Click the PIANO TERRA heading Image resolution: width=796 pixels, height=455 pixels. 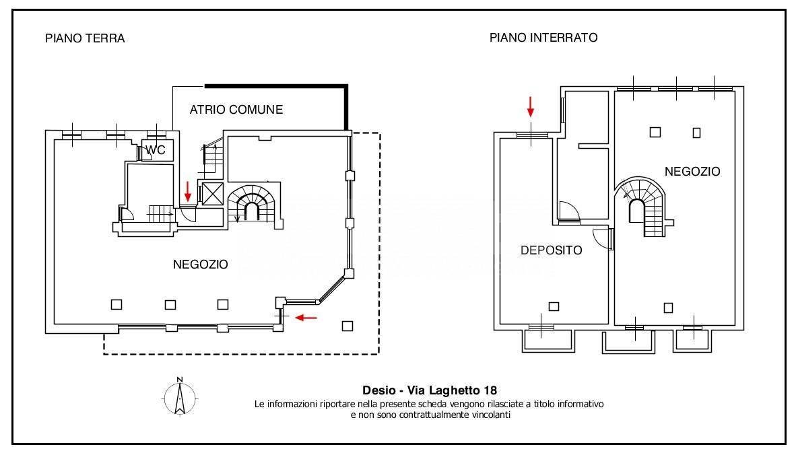(x=85, y=38)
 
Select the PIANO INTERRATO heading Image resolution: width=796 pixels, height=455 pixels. (x=543, y=38)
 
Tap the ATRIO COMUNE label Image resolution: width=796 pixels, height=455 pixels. (x=236, y=110)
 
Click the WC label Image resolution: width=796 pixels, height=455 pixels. (x=156, y=150)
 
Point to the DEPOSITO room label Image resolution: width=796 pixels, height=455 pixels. (x=552, y=250)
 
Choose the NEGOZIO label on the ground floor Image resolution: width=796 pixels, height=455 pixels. (x=201, y=265)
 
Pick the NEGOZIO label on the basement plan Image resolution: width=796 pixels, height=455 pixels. (x=692, y=172)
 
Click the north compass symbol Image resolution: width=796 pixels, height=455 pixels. (x=180, y=396)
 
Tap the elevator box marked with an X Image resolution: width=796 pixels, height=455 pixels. (x=213, y=193)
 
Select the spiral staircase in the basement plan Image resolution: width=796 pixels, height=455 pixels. (x=640, y=207)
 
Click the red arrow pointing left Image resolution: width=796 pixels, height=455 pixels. (x=306, y=318)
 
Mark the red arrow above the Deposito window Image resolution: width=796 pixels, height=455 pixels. (x=531, y=106)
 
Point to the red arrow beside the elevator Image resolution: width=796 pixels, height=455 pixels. (x=188, y=191)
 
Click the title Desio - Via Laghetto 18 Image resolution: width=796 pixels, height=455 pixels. (x=430, y=390)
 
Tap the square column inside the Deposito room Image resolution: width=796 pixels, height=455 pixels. (x=554, y=306)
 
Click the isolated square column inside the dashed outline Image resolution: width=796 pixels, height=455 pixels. (x=347, y=326)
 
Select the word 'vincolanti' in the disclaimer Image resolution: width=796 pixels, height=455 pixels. (x=492, y=415)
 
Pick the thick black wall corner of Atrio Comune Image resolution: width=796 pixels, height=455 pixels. (x=347, y=86)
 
